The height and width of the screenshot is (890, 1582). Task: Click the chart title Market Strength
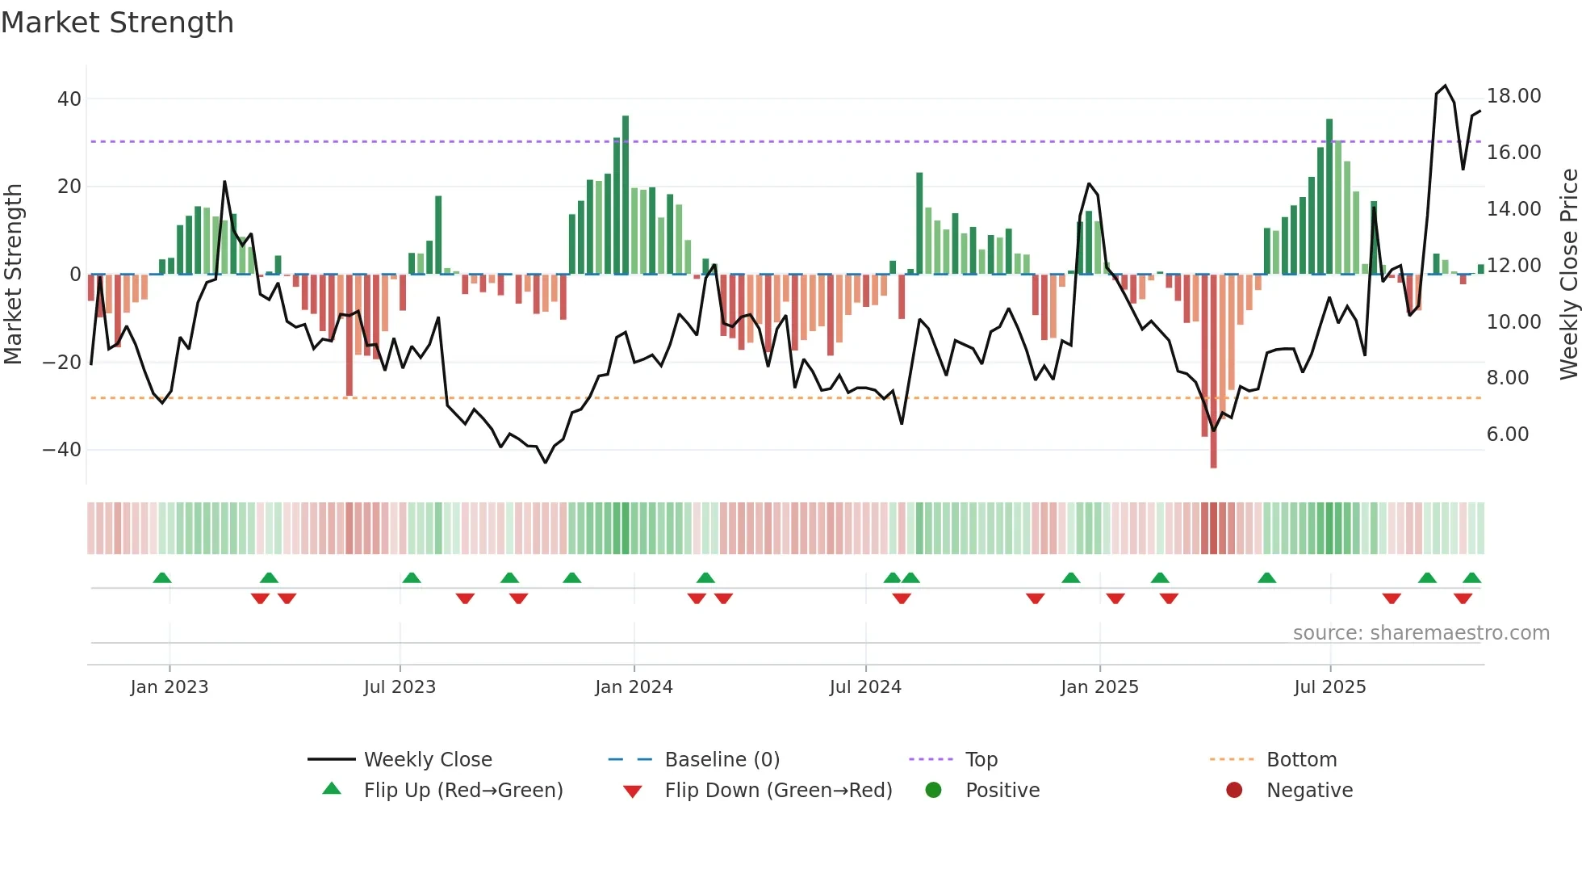[117, 23]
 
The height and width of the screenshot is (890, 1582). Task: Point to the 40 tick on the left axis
[69, 99]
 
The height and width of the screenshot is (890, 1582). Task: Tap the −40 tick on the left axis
[62, 450]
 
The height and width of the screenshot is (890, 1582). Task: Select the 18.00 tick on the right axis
[1513, 96]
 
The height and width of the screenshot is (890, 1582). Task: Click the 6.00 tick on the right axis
[1507, 435]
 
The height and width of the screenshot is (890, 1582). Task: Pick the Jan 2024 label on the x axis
[634, 687]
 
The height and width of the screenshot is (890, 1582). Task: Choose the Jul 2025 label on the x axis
[1329, 687]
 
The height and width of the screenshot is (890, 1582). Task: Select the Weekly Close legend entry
[427, 760]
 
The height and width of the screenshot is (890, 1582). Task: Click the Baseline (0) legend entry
[722, 760]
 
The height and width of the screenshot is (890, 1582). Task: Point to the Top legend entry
[981, 760]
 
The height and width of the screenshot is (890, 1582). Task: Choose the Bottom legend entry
[1301, 760]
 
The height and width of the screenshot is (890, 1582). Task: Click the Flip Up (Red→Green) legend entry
[462, 791]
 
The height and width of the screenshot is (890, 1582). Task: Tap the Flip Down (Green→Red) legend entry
[778, 791]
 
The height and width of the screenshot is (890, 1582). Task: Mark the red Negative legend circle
[1234, 791]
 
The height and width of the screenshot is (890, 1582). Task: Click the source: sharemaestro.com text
[1421, 633]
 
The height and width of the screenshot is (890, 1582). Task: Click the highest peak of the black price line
[1445, 86]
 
